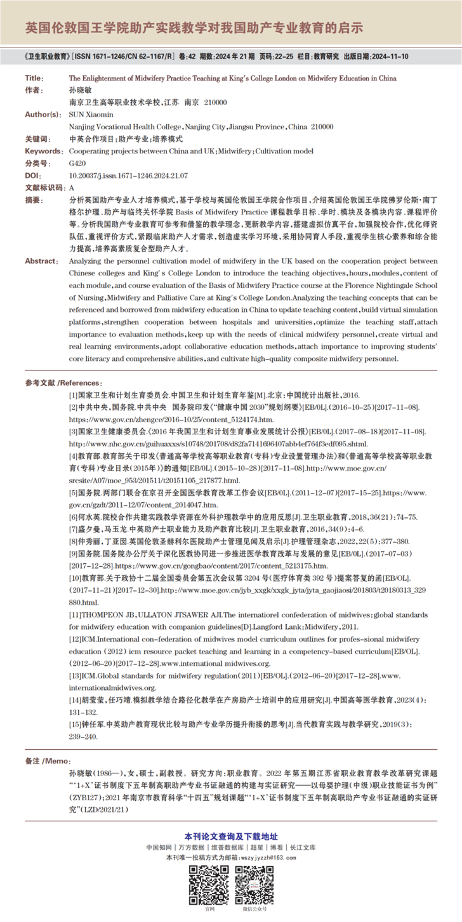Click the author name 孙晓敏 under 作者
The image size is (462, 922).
81,90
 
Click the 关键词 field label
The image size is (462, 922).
37,138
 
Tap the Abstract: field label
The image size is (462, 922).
41,261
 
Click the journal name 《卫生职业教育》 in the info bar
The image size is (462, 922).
46,56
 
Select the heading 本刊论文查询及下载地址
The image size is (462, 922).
231,836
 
